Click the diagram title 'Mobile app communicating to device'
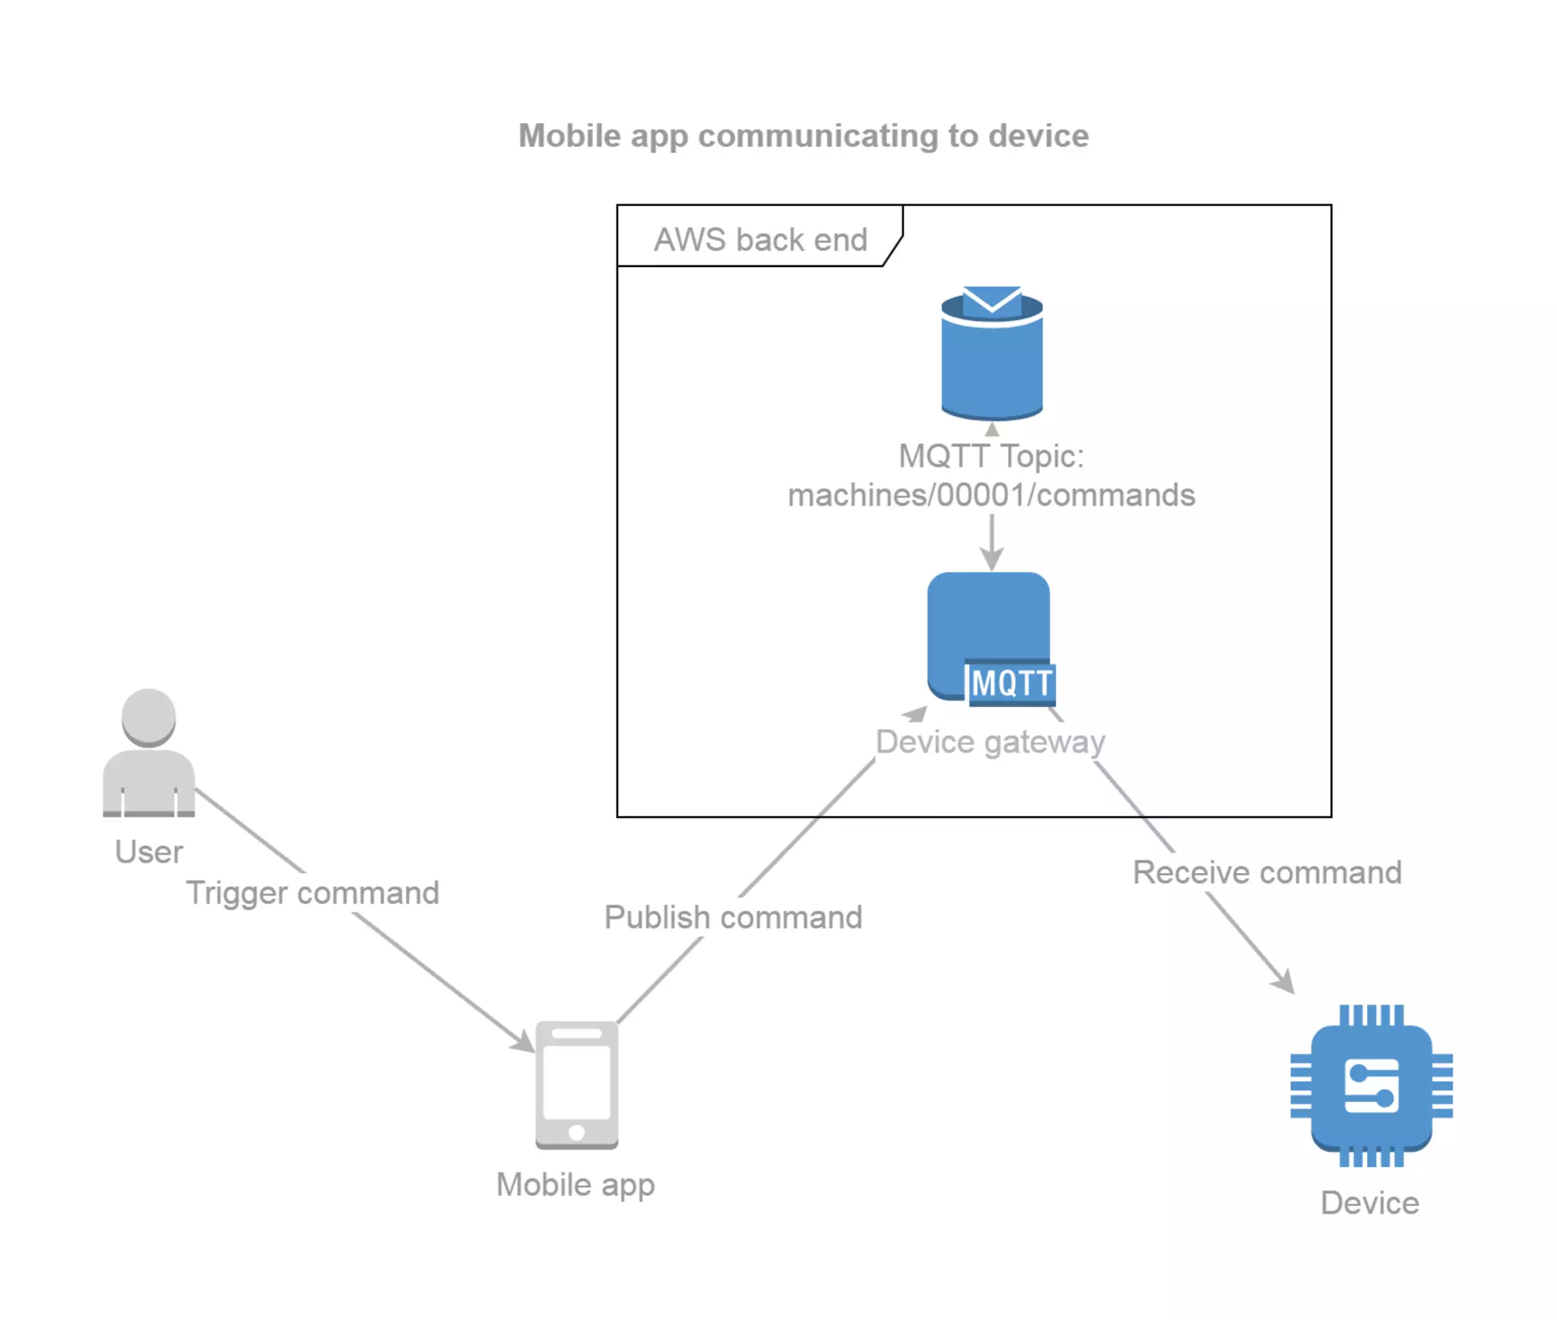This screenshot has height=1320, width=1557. tap(803, 136)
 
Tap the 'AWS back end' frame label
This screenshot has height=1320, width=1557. tap(759, 240)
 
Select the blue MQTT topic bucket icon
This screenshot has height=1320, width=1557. tap(991, 365)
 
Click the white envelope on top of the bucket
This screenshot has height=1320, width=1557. tap(991, 300)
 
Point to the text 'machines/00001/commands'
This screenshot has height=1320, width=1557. tap(991, 495)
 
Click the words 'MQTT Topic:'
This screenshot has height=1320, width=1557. tap(991, 456)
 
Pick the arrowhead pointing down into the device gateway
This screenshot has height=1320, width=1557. tap(991, 560)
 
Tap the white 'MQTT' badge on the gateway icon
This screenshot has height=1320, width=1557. tap(1011, 682)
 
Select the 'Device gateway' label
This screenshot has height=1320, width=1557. tap(990, 741)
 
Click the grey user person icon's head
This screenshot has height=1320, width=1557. tap(149, 716)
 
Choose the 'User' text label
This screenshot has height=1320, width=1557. tap(149, 852)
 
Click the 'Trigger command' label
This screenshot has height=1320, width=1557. tap(312, 893)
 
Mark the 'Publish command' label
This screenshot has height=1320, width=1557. tap(733, 917)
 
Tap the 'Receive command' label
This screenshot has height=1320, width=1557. tap(1267, 872)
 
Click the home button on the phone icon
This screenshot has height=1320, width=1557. tap(576, 1132)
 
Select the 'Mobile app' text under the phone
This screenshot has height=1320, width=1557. tap(576, 1185)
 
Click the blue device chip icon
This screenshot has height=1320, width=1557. tap(1371, 1086)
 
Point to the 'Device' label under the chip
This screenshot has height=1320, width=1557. tap(1369, 1203)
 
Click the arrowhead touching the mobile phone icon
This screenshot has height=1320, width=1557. tap(524, 1042)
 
